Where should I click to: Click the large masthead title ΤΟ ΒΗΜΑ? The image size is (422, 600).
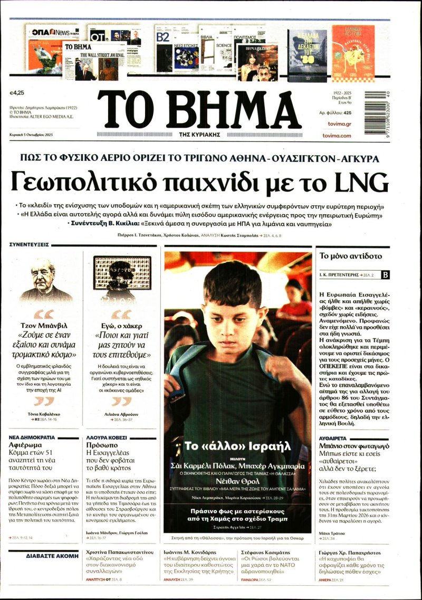tap(199, 109)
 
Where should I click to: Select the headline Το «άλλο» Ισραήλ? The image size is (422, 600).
tap(237, 446)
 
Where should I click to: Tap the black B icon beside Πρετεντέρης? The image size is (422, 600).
tap(385, 275)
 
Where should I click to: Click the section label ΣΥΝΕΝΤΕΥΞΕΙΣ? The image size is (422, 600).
tap(29, 245)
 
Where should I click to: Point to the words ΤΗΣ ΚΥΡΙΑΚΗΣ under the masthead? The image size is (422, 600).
tap(199, 135)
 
